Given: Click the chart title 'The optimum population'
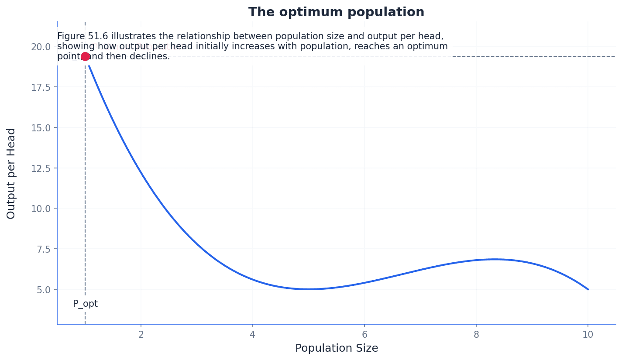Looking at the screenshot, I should pos(336,12).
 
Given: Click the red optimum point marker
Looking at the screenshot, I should pos(85,56).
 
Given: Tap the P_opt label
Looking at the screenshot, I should pos(85,304).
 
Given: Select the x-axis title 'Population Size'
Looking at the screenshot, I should pos(336,348).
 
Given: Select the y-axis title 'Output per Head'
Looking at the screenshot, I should pos(11,173).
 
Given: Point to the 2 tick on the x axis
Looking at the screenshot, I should pos(141,335).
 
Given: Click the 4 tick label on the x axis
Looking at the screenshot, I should pos(253,335).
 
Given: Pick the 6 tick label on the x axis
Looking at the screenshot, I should pos(364,335).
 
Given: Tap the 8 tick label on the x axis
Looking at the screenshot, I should pos(476,335).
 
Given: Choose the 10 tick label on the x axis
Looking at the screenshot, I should pos(588,335).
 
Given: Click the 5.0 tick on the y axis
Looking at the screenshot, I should pos(41,289).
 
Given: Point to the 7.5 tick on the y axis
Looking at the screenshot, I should pos(41,249).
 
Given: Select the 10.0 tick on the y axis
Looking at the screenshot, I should pos(41,209).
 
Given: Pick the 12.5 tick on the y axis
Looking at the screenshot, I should pos(41,168).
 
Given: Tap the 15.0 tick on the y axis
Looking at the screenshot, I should pos(41,127).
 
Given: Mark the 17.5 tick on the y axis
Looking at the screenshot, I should pos(41,87).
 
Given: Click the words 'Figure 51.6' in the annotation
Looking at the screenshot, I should pos(82,36).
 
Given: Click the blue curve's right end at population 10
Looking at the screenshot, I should pos(588,289).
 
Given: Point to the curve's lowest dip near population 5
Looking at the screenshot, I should pos(309,289).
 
